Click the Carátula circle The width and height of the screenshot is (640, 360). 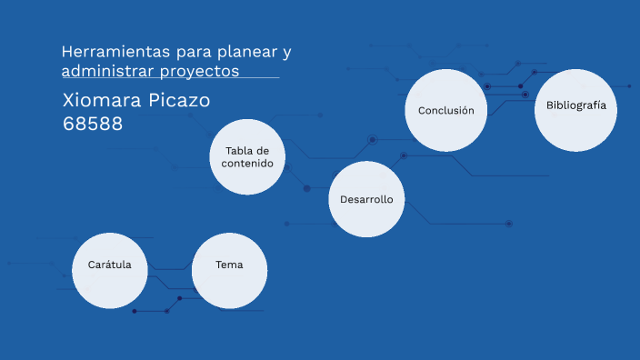point(109,270)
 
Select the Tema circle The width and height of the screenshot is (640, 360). point(229,270)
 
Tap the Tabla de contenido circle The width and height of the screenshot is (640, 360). point(248,156)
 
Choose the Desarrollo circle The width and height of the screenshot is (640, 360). point(366,198)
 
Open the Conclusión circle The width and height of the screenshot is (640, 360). point(445,110)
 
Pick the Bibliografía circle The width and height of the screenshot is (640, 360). point(575,110)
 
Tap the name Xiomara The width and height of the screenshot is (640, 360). point(103,100)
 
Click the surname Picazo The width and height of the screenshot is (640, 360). point(180,100)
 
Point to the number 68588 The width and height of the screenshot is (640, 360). point(93,123)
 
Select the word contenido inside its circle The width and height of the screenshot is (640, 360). point(247,164)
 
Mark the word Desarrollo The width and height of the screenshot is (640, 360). point(366,198)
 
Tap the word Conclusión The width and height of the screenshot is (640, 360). point(445,110)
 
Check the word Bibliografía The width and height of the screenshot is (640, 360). point(575,105)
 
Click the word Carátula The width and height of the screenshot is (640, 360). point(109,265)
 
